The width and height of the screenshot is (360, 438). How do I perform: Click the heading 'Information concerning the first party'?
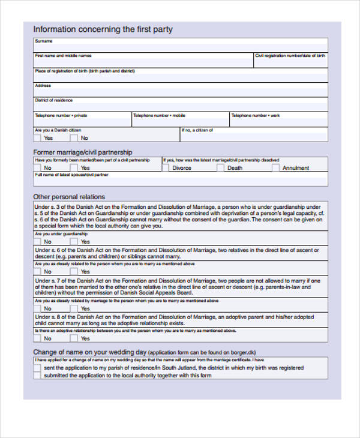tap(103, 29)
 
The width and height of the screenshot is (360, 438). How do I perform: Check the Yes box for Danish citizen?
tap(37, 138)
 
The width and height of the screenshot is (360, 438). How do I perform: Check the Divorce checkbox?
tap(166, 168)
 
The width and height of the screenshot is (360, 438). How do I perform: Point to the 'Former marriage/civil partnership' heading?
tap(83, 152)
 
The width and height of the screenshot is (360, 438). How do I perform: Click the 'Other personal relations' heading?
tap(69, 197)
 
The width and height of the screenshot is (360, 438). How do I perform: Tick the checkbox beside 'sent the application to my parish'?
tap(37, 368)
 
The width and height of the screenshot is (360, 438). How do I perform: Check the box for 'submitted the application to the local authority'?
tap(37, 376)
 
